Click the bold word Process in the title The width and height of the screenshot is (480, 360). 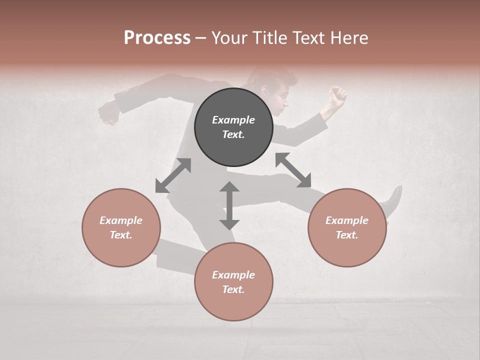(x=157, y=38)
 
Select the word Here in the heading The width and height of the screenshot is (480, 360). (x=349, y=38)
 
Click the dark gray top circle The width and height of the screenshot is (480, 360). (x=233, y=145)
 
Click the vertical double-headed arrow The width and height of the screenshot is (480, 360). (x=229, y=205)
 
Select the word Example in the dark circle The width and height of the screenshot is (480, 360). (x=233, y=120)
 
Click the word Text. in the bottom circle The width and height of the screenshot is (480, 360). (x=233, y=289)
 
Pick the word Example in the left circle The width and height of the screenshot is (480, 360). (x=121, y=220)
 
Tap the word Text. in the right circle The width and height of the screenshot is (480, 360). (x=347, y=235)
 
